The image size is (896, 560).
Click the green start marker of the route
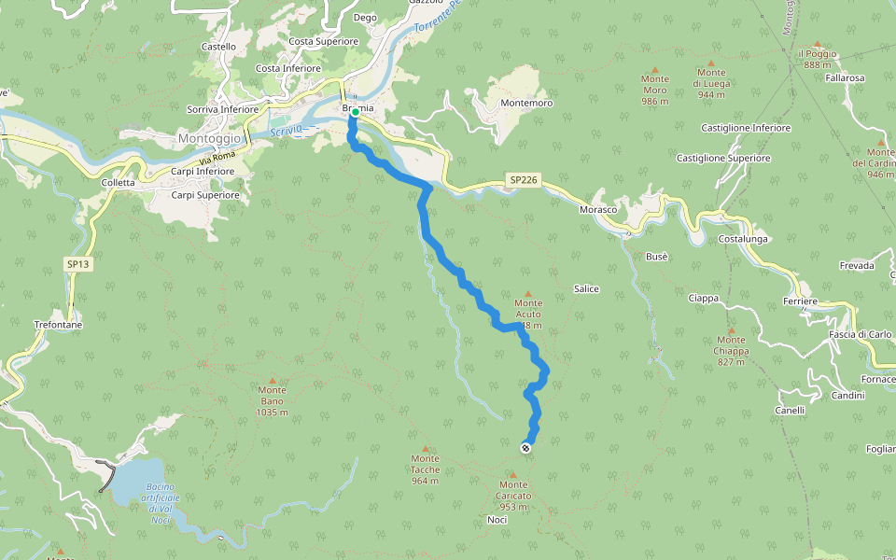coord(356,112)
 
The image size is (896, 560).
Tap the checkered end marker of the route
coord(525,449)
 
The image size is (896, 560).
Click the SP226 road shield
coord(523,179)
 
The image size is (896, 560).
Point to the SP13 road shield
coord(78,264)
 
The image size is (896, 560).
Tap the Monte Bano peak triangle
coord(273,381)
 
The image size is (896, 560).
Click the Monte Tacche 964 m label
coord(425,469)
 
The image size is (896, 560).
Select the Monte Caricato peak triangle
coord(512,474)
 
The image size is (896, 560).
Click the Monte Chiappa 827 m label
coord(731,351)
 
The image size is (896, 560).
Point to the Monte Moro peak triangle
coord(654,69)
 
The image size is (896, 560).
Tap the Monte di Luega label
coord(711,83)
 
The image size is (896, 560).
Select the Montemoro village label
coord(526,103)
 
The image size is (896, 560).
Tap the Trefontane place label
coord(58,324)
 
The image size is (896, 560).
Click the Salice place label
coord(586,289)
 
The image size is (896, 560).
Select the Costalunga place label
coord(743,240)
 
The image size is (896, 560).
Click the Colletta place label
coord(119,183)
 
